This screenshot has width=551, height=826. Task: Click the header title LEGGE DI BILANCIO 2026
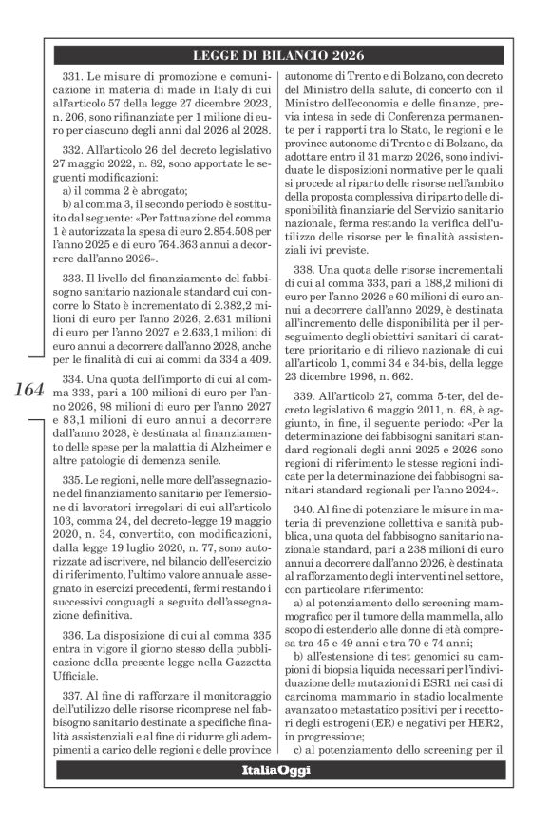click(275, 54)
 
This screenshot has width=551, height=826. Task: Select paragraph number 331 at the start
click(73, 75)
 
